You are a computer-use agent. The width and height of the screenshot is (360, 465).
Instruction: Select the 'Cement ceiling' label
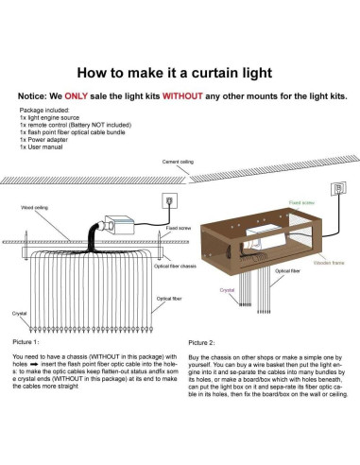(x=180, y=163)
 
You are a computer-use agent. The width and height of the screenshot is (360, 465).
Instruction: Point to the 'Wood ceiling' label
(x=37, y=206)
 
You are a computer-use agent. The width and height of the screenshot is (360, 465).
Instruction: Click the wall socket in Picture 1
(x=170, y=201)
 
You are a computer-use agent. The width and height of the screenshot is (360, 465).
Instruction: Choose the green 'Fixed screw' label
(x=302, y=202)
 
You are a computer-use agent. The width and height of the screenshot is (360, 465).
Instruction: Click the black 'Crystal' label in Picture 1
(x=19, y=311)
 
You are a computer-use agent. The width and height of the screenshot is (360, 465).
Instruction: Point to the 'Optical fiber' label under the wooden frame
(x=288, y=270)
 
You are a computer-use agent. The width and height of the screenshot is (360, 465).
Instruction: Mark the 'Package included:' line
(x=43, y=110)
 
